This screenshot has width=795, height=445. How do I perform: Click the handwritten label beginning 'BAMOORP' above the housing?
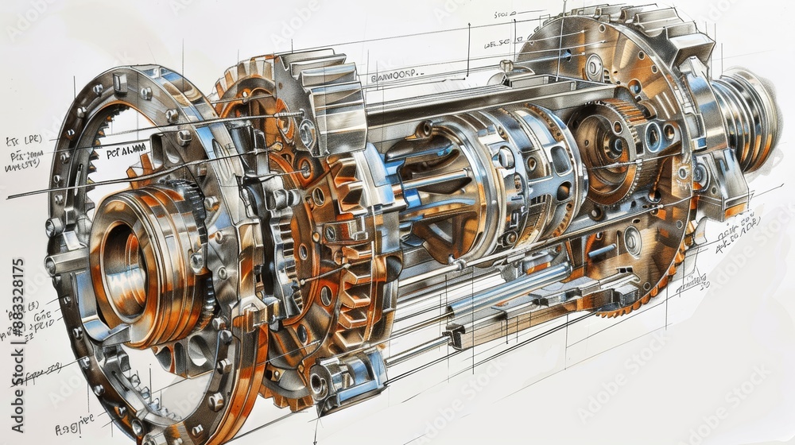click(398, 76)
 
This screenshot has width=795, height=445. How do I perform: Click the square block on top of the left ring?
click(120, 82)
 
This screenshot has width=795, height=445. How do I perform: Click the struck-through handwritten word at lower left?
click(43, 370)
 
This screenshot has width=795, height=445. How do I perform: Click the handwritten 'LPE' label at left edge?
click(24, 141)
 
